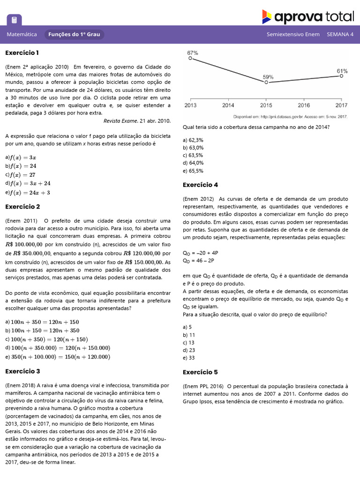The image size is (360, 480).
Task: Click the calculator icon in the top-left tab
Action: click(x=14, y=20)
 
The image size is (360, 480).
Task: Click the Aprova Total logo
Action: click(x=307, y=17)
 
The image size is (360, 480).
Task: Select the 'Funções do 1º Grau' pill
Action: click(x=75, y=34)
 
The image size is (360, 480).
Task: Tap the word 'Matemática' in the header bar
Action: click(x=22, y=34)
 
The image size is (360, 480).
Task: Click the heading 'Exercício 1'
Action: click(x=22, y=52)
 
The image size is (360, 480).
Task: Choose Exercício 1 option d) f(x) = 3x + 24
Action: click(x=28, y=183)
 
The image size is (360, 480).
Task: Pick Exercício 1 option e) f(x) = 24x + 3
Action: click(x=28, y=192)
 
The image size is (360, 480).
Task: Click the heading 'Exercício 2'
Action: click(x=22, y=207)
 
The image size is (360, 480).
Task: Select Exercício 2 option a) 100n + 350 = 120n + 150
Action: click(x=42, y=322)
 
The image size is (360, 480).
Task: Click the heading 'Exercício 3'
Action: click(x=22, y=371)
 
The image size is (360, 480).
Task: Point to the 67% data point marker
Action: click(x=190, y=59)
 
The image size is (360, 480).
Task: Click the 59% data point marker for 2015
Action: click(x=266, y=82)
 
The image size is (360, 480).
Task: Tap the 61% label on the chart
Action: click(x=342, y=71)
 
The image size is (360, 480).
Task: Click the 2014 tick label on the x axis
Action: click(x=228, y=105)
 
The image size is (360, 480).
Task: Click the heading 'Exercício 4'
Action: click(x=200, y=185)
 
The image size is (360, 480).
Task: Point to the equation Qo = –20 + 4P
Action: click(x=201, y=253)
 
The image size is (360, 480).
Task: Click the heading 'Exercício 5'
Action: click(x=200, y=372)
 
